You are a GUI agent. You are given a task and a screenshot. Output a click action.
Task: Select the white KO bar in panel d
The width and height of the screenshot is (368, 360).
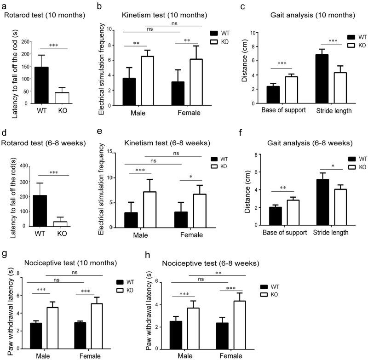tap(60, 223)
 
